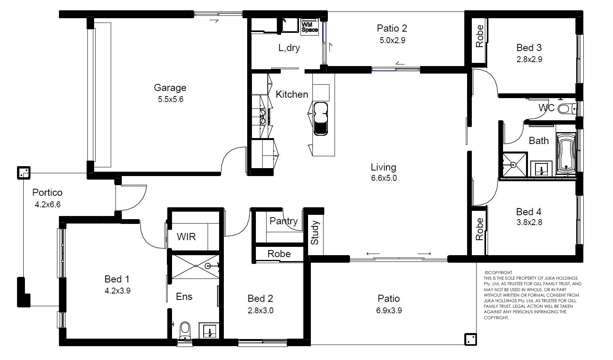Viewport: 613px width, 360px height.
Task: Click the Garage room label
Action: pyautogui.click(x=170, y=87)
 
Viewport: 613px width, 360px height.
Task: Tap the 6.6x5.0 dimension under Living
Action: pyautogui.click(x=384, y=178)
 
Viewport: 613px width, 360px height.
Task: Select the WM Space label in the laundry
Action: pyautogui.click(x=310, y=27)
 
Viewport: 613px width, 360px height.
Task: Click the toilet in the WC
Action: pyautogui.click(x=566, y=109)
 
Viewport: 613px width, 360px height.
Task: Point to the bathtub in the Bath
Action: pyautogui.click(x=566, y=153)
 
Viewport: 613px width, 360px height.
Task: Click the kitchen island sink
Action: pyautogui.click(x=320, y=119)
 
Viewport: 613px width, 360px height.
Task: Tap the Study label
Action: pyautogui.click(x=315, y=233)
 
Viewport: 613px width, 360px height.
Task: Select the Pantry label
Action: pyautogui.click(x=284, y=221)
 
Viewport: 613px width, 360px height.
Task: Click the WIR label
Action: pyautogui.click(x=186, y=237)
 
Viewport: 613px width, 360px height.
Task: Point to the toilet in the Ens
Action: pyautogui.click(x=185, y=330)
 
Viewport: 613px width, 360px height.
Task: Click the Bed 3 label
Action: pyautogui.click(x=529, y=47)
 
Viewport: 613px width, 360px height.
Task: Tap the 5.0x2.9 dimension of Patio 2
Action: pyautogui.click(x=392, y=40)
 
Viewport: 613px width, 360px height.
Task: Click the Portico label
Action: pyautogui.click(x=47, y=192)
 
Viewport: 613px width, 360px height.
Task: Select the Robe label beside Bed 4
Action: pyautogui.click(x=479, y=229)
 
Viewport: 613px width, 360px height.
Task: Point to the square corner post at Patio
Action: pyautogui.click(x=471, y=339)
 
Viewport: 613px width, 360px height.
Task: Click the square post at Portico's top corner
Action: pyautogui.click(x=24, y=173)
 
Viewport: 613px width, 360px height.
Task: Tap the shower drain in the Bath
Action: pyautogui.click(x=513, y=165)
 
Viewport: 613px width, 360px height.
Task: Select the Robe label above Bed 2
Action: pyautogui.click(x=279, y=254)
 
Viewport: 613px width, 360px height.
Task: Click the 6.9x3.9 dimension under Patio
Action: pyautogui.click(x=389, y=311)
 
